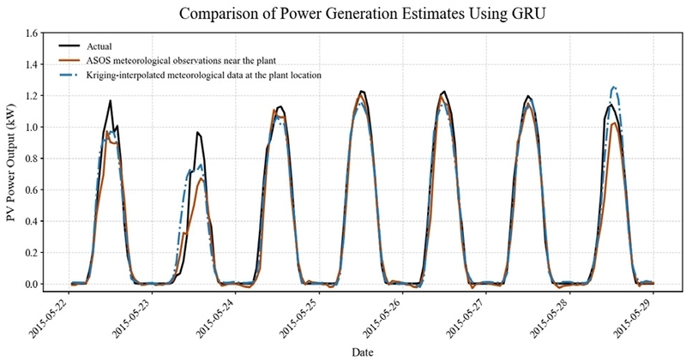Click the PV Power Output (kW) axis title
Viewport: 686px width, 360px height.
[x=12, y=163]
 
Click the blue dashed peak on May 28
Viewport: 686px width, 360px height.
[x=613, y=87]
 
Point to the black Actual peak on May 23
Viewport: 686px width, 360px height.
[x=197, y=132]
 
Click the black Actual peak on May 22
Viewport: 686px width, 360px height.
[x=111, y=101]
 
